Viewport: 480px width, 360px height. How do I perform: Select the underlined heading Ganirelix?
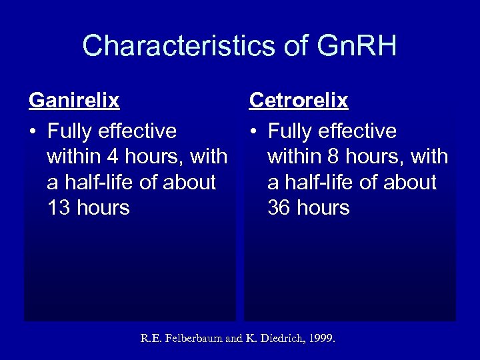(74, 101)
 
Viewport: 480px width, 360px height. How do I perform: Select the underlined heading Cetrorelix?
(299, 101)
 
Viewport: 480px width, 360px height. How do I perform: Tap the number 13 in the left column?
(59, 208)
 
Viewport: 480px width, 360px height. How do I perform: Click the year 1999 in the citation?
(321, 339)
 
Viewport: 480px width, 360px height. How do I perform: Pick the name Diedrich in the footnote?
(273, 339)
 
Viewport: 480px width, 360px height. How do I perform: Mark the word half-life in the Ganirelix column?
(100, 182)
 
